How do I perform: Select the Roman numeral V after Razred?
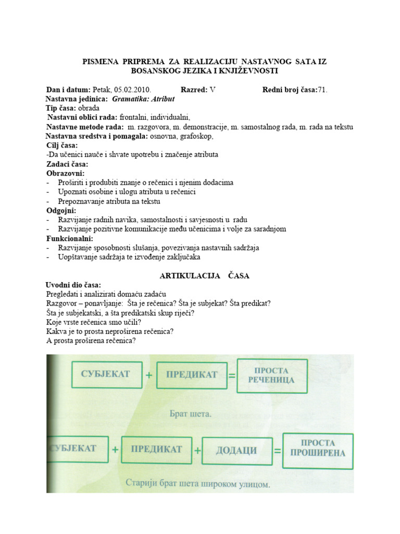[x=212, y=90]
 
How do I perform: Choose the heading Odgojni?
[x=61, y=210]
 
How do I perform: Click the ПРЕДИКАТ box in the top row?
[x=192, y=374]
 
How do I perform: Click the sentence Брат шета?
[x=191, y=415]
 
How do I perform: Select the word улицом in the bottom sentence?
[x=252, y=483]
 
